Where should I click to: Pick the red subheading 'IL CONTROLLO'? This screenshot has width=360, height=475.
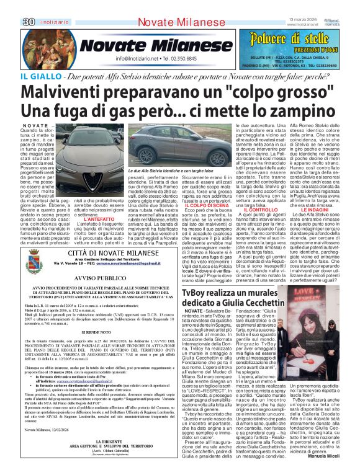(261, 210)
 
